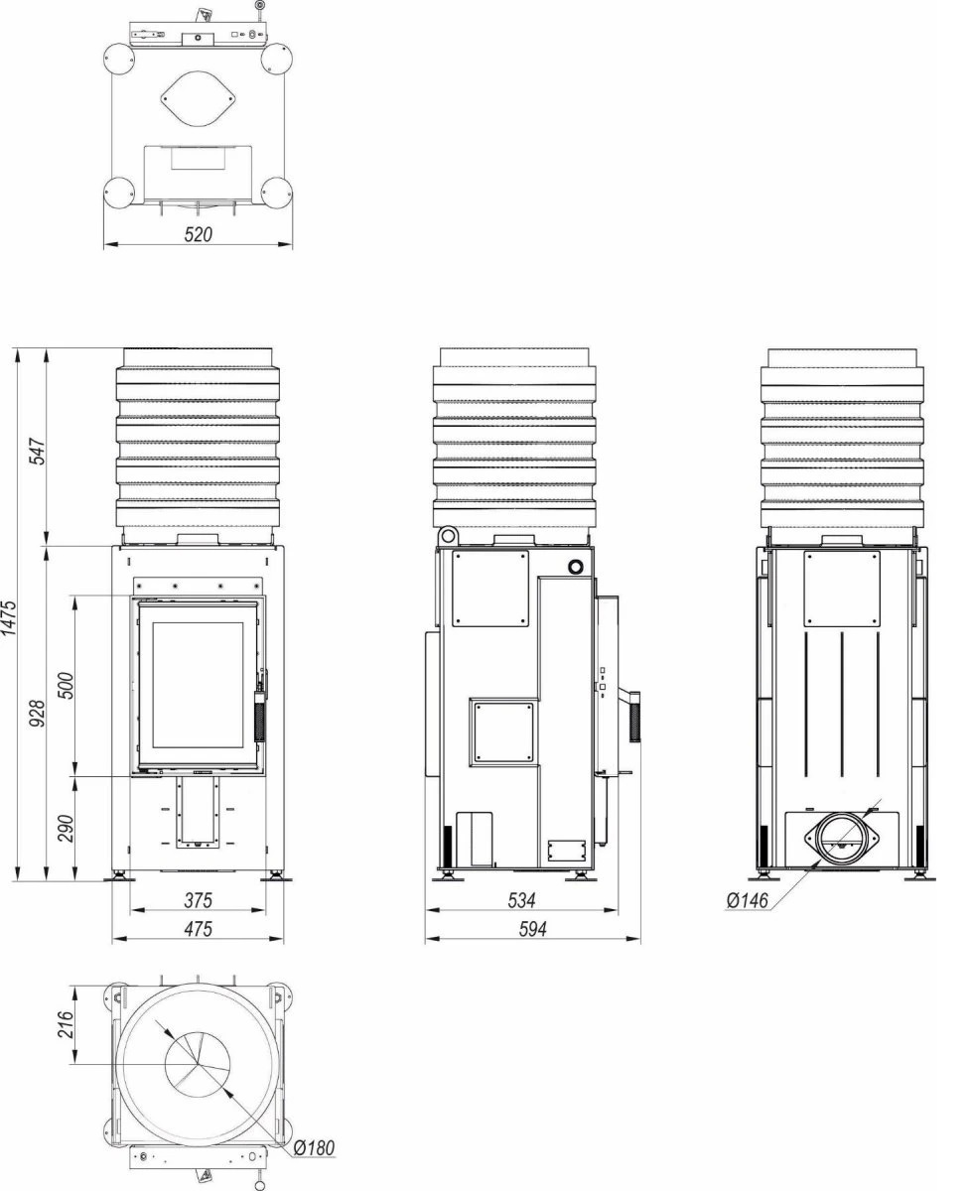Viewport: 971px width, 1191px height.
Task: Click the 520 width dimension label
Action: (199, 234)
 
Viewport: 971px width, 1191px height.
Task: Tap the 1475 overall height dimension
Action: (10, 618)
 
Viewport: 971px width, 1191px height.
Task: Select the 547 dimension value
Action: (38, 452)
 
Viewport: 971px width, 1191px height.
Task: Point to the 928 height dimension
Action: (38, 713)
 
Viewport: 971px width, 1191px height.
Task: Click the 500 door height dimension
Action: (66, 686)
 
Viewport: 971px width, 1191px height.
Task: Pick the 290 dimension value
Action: (66, 829)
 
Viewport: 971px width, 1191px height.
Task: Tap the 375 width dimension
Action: (199, 901)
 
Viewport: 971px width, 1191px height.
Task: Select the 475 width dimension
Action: (199, 929)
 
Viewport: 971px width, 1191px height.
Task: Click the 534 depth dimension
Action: (522, 901)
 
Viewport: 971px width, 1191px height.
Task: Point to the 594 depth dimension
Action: (532, 929)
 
